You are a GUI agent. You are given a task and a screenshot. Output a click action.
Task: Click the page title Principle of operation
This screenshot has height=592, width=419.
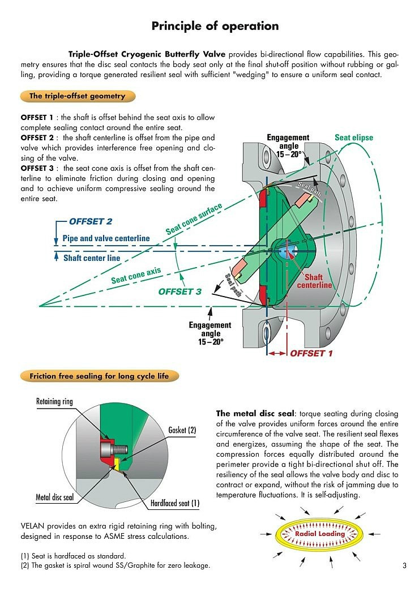click(x=215, y=25)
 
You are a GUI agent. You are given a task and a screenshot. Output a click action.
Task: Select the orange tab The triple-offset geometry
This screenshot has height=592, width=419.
click(x=77, y=96)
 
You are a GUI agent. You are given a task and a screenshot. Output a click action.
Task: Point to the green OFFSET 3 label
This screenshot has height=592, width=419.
click(x=179, y=291)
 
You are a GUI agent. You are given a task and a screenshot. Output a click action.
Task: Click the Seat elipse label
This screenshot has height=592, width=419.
click(x=354, y=138)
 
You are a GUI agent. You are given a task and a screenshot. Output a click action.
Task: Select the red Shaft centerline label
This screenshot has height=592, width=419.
click(x=314, y=281)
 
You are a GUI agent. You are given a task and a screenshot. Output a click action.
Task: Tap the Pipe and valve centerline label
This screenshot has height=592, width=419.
click(x=106, y=238)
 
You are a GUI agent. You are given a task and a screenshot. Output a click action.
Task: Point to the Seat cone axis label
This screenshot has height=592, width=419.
click(x=136, y=276)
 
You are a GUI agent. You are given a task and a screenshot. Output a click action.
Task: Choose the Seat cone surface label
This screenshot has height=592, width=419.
click(x=194, y=220)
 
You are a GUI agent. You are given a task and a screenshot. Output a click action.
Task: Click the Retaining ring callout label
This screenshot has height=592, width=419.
click(x=54, y=402)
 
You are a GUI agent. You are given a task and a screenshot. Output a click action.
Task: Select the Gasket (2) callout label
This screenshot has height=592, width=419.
click(x=182, y=430)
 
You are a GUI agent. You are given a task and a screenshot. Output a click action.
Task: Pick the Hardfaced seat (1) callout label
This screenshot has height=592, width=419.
click(x=175, y=503)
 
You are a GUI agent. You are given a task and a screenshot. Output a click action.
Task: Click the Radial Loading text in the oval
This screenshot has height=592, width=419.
click(x=320, y=534)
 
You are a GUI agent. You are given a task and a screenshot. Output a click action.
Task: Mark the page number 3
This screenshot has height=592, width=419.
click(x=404, y=565)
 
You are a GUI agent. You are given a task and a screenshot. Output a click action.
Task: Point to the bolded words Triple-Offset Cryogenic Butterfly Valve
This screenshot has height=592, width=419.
click(x=147, y=54)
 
